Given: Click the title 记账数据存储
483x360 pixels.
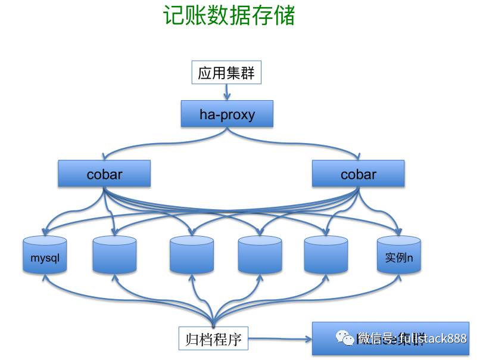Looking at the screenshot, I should click(x=229, y=16).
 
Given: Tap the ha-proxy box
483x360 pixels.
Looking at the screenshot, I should click(x=227, y=114).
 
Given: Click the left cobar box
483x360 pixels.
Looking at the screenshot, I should click(x=104, y=174).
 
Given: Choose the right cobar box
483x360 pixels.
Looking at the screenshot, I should click(x=359, y=174).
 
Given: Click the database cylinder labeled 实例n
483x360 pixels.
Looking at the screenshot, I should click(x=399, y=255).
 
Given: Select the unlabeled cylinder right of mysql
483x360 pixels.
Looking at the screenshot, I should click(x=115, y=255).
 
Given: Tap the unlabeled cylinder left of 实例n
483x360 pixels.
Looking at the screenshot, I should click(x=326, y=255).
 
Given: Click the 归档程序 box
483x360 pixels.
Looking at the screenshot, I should click(x=213, y=339).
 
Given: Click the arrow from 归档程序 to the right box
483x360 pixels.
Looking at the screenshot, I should click(x=280, y=340).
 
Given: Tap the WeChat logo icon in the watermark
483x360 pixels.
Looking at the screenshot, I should click(x=345, y=338).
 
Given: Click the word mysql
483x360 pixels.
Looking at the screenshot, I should click(x=45, y=259).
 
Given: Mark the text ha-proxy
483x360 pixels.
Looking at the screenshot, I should click(x=227, y=114).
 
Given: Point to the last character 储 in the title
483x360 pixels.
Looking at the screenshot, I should click(x=285, y=16).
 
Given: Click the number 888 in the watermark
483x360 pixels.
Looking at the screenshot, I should click(x=456, y=339).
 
